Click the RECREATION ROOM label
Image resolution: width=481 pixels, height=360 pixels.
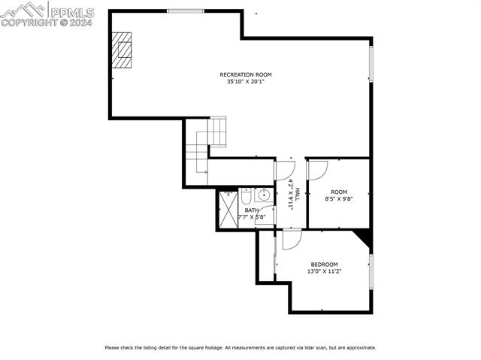245,74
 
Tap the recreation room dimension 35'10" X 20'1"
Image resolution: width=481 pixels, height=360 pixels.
245,82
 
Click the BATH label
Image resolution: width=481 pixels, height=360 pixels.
251,210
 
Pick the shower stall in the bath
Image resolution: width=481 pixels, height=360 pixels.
228,210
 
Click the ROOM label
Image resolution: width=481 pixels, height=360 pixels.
339,192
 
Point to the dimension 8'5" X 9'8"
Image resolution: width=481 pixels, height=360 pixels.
339,199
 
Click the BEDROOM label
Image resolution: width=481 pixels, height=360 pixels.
325,265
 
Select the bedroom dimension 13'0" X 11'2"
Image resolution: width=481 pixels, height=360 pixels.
325,272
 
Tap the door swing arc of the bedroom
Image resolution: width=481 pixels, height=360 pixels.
293,241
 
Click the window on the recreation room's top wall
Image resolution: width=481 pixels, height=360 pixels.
185,11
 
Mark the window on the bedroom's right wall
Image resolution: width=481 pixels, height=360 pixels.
371,271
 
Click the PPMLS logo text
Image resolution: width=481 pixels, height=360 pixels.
71,11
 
